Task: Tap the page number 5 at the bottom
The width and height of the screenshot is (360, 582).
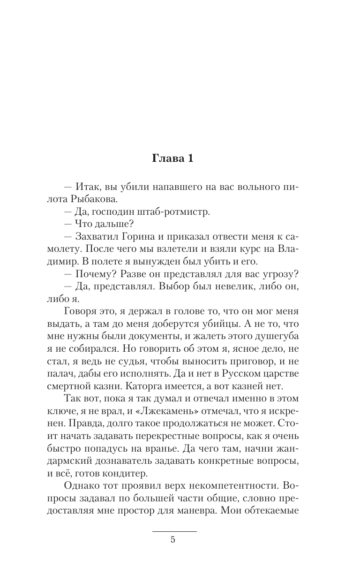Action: pos(173,540)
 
